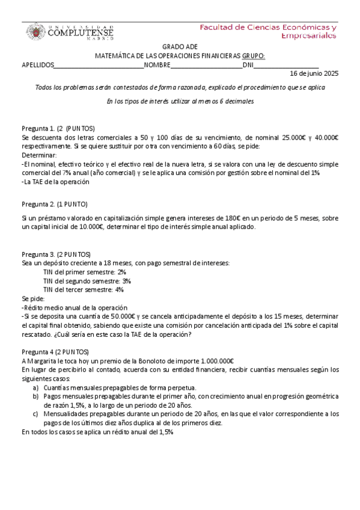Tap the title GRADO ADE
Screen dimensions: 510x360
tap(180, 48)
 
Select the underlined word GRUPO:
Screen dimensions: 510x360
tap(253, 57)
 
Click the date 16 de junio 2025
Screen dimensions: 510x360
tap(314, 74)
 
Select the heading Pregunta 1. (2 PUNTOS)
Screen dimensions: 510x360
tap(58, 129)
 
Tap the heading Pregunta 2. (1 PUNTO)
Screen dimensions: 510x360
tap(55, 204)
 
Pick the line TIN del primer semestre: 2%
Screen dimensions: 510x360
tap(84, 272)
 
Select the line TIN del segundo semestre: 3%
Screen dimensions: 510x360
tap(87, 281)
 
